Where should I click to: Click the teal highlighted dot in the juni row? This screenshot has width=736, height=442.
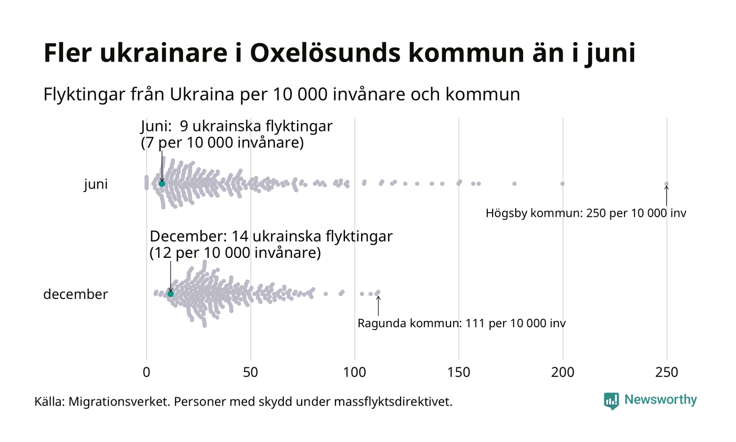(162, 184)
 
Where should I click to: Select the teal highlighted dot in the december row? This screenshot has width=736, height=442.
(170, 294)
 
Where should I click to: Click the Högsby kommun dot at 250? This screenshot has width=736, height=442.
(667, 184)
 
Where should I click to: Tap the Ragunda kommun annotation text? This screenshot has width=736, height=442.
(462, 323)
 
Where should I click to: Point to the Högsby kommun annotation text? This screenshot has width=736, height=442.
(586, 214)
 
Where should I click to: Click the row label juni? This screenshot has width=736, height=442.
(96, 185)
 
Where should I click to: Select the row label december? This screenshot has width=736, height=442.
(75, 294)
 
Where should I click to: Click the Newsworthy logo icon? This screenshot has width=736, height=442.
(611, 400)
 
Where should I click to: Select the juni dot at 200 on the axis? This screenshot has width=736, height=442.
(563, 184)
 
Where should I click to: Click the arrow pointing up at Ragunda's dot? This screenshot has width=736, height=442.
(378, 305)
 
